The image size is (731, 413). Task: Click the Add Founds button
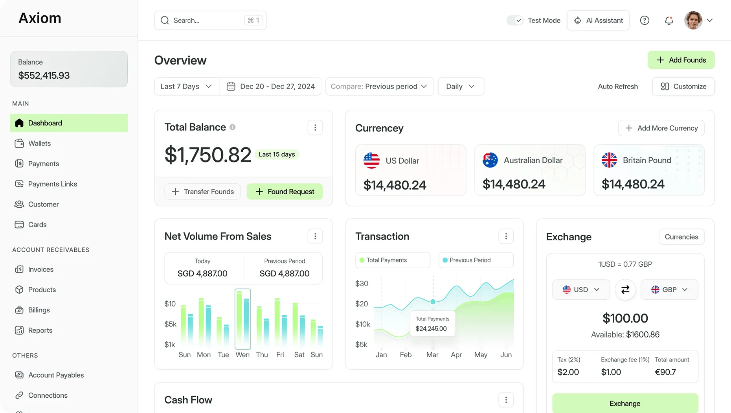click(x=681, y=60)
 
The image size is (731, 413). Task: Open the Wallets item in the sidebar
click(x=39, y=144)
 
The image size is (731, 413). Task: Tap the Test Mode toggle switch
click(x=515, y=20)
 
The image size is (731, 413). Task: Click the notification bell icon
click(x=669, y=20)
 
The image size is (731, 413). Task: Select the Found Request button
click(x=285, y=192)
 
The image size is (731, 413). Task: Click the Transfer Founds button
click(x=202, y=192)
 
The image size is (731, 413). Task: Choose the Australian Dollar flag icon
click(x=490, y=160)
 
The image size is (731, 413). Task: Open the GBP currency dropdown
click(x=669, y=289)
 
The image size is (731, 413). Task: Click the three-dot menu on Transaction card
click(x=506, y=236)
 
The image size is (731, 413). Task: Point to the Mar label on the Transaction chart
click(x=432, y=355)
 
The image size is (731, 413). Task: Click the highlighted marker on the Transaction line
click(x=433, y=302)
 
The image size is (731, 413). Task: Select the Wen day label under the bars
click(x=242, y=355)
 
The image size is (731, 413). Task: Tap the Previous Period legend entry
click(x=476, y=260)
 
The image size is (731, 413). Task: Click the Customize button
click(x=683, y=87)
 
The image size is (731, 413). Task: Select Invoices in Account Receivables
click(x=40, y=269)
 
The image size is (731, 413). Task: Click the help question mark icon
click(x=645, y=20)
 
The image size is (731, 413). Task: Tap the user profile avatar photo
click(x=693, y=20)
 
